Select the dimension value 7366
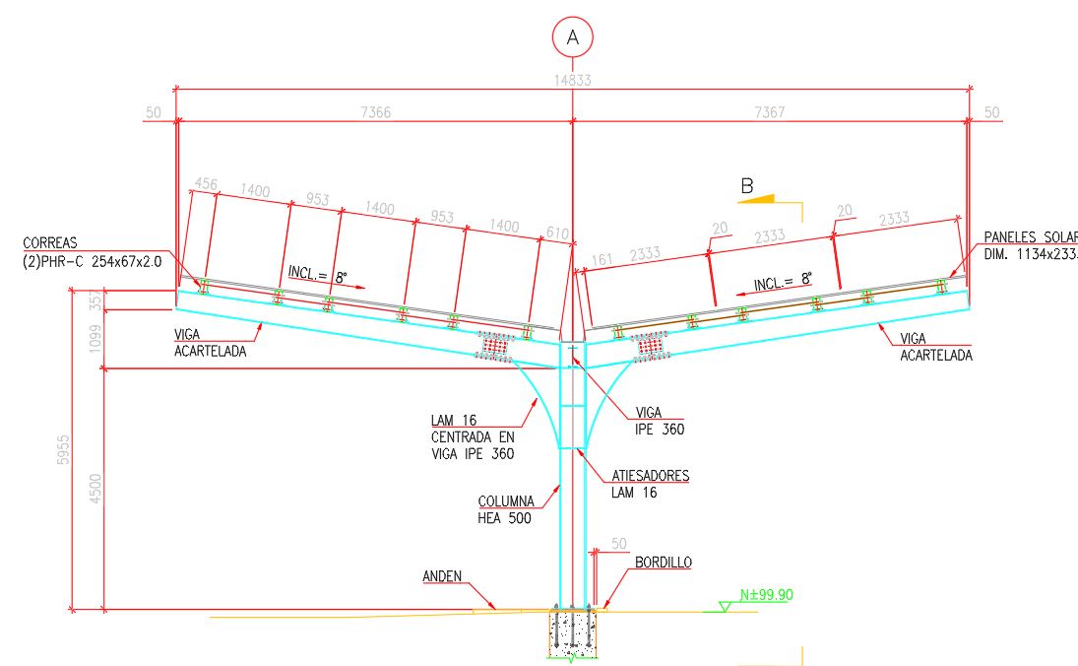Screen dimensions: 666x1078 tap(376, 112)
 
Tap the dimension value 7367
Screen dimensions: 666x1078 tap(769, 112)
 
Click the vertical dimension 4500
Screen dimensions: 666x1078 tap(95, 489)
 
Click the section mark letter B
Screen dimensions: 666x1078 tap(747, 184)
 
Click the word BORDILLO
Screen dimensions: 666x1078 tap(663, 563)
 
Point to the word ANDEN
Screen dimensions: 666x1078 tap(442, 576)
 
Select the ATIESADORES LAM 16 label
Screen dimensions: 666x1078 tap(651, 484)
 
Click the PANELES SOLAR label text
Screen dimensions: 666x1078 tap(1030, 237)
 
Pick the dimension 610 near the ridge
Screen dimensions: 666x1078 tap(558, 233)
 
